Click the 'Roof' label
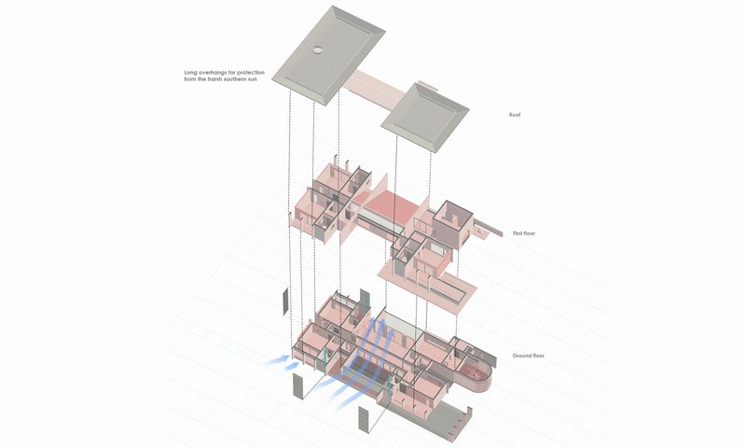[x=514, y=115]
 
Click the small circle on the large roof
[x=319, y=50]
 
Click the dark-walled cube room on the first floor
[x=455, y=222]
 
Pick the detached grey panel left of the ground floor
[x=285, y=302]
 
